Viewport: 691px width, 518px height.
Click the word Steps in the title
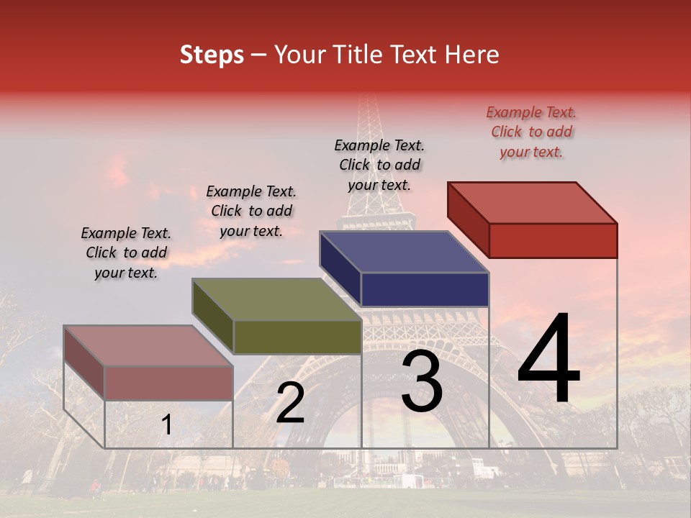point(212,55)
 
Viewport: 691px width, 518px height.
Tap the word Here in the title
point(471,55)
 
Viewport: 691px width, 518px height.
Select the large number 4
point(548,360)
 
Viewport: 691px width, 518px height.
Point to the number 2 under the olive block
point(290,403)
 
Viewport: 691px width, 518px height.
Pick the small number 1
point(166,425)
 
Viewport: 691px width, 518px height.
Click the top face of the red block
point(533,203)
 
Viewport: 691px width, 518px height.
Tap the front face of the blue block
point(425,289)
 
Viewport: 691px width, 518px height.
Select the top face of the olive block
point(276,299)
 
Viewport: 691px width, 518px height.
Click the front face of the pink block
point(168,383)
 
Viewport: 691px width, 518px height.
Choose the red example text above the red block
point(531,132)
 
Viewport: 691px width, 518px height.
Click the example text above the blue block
point(379,165)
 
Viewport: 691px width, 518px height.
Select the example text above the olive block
point(251,211)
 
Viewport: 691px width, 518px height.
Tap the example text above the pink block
point(126,253)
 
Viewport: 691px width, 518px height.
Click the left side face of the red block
point(468,219)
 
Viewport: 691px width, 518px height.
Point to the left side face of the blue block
point(340,268)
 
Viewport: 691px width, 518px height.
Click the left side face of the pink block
point(84,362)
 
